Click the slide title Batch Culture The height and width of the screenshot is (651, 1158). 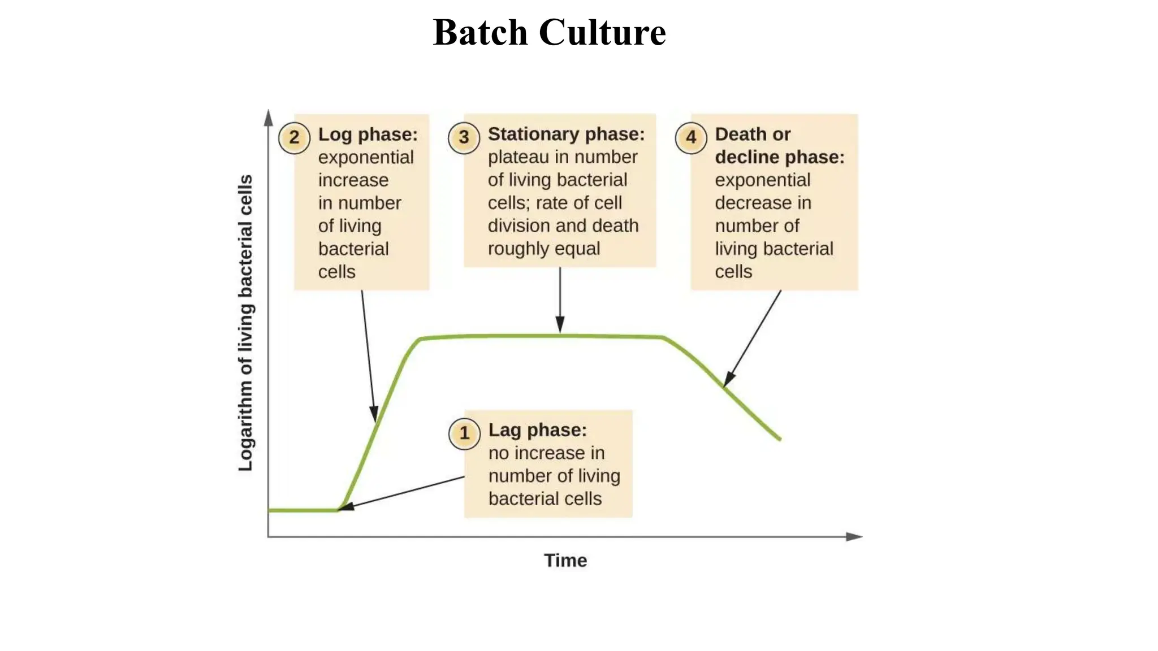[x=549, y=32]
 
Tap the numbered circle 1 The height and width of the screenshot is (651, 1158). [x=464, y=433]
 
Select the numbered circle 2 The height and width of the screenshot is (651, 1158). [x=294, y=137]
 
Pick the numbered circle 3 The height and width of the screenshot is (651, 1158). [x=464, y=137]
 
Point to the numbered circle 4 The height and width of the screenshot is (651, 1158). [x=691, y=137]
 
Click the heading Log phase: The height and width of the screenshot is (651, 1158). [x=368, y=134]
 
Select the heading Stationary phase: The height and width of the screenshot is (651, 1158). [x=566, y=134]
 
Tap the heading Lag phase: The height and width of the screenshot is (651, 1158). [x=537, y=430]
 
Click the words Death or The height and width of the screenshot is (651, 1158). [x=752, y=134]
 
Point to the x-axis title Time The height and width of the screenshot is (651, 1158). [x=565, y=561]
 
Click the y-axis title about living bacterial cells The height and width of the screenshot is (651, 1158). [x=245, y=323]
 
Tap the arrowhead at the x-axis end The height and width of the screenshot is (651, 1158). [x=854, y=536]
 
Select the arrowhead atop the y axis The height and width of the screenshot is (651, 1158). [x=269, y=118]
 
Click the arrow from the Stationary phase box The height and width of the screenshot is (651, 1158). [x=560, y=300]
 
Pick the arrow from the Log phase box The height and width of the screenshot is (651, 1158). [x=368, y=356]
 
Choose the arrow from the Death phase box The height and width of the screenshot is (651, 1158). [x=753, y=338]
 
